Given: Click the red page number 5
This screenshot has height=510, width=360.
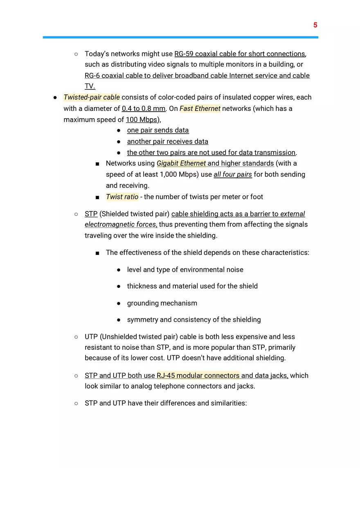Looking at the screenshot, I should pyautogui.click(x=315, y=25).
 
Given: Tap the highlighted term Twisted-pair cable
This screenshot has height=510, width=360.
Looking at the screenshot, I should pyautogui.click(x=92, y=97).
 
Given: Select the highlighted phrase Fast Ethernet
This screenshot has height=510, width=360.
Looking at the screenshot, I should pyautogui.click(x=200, y=108).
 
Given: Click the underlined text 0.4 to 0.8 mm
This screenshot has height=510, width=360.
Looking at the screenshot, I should pyautogui.click(x=144, y=108).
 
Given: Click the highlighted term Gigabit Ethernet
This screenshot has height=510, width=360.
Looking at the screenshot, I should pyautogui.click(x=181, y=163).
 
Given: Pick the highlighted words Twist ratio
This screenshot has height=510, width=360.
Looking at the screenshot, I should pyautogui.click(x=122, y=197).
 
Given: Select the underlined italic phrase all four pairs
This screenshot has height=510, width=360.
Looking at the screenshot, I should pyautogui.click(x=233, y=175).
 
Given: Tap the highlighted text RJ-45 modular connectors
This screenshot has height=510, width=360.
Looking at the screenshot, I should pyautogui.click(x=198, y=375).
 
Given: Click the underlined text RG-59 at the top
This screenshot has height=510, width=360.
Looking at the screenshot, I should pyautogui.click(x=184, y=54).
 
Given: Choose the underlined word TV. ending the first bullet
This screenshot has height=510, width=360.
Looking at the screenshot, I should pyautogui.click(x=90, y=86).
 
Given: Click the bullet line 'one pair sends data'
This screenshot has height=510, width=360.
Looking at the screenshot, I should pyautogui.click(x=158, y=130).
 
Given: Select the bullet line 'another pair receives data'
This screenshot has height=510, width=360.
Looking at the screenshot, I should pyautogui.click(x=167, y=142).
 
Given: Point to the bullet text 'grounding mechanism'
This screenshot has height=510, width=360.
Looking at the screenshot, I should pyautogui.click(x=162, y=303).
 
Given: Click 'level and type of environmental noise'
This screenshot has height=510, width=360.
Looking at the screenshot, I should pyautogui.click(x=185, y=270).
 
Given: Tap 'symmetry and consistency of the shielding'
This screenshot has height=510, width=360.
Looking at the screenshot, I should pyautogui.click(x=193, y=319).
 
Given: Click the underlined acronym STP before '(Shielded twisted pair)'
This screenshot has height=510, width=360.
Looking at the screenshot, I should pyautogui.click(x=91, y=214).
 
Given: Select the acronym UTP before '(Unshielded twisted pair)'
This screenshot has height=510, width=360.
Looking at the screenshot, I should pyautogui.click(x=91, y=337).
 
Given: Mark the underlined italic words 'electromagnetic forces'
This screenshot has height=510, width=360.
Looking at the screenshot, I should pyautogui.click(x=120, y=225).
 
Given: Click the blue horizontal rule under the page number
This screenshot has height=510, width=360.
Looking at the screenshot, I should pyautogui.click(x=180, y=37).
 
